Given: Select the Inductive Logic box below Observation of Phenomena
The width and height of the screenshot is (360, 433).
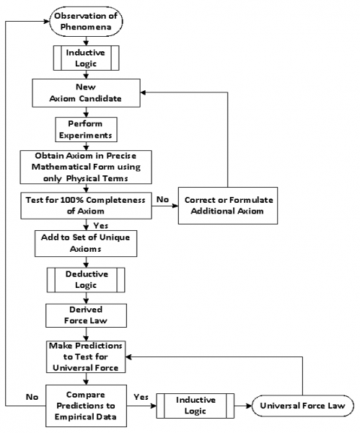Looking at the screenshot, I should click(x=85, y=57).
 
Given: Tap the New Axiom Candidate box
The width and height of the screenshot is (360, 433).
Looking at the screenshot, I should click(x=85, y=92).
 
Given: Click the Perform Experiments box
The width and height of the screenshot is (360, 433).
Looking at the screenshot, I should click(x=85, y=128).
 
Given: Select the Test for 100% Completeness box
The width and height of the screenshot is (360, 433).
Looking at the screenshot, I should click(x=85, y=204).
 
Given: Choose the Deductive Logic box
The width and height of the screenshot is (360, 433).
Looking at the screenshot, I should click(x=85, y=279).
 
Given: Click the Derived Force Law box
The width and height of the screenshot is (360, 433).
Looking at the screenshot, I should click(x=85, y=314).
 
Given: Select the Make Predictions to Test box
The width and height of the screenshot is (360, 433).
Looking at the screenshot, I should click(x=85, y=355).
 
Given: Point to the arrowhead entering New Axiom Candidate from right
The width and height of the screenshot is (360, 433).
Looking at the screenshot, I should click(x=143, y=93).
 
